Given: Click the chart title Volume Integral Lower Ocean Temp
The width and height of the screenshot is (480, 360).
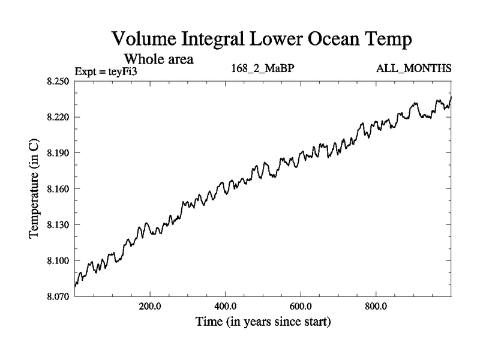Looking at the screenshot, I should tap(262, 40).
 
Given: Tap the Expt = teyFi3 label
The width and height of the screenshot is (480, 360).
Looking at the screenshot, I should tap(107, 71).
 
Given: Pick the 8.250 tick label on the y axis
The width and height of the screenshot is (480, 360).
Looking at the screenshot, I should tap(58, 81).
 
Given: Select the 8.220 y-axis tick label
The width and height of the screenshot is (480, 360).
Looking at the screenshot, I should tap(58, 117).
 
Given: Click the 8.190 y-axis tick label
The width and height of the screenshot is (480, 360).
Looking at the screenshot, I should tap(58, 153).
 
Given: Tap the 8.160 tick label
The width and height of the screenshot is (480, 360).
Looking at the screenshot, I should tap(58, 189).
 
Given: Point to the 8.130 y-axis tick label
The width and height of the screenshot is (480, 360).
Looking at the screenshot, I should tap(58, 225).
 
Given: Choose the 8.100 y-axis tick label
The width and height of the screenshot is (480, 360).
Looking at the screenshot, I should tap(58, 261).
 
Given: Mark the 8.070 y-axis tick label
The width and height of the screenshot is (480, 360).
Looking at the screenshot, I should tap(58, 296).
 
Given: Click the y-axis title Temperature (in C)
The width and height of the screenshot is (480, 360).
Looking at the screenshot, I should tap(35, 189).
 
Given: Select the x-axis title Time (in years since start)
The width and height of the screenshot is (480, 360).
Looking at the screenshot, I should tap(263, 322).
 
